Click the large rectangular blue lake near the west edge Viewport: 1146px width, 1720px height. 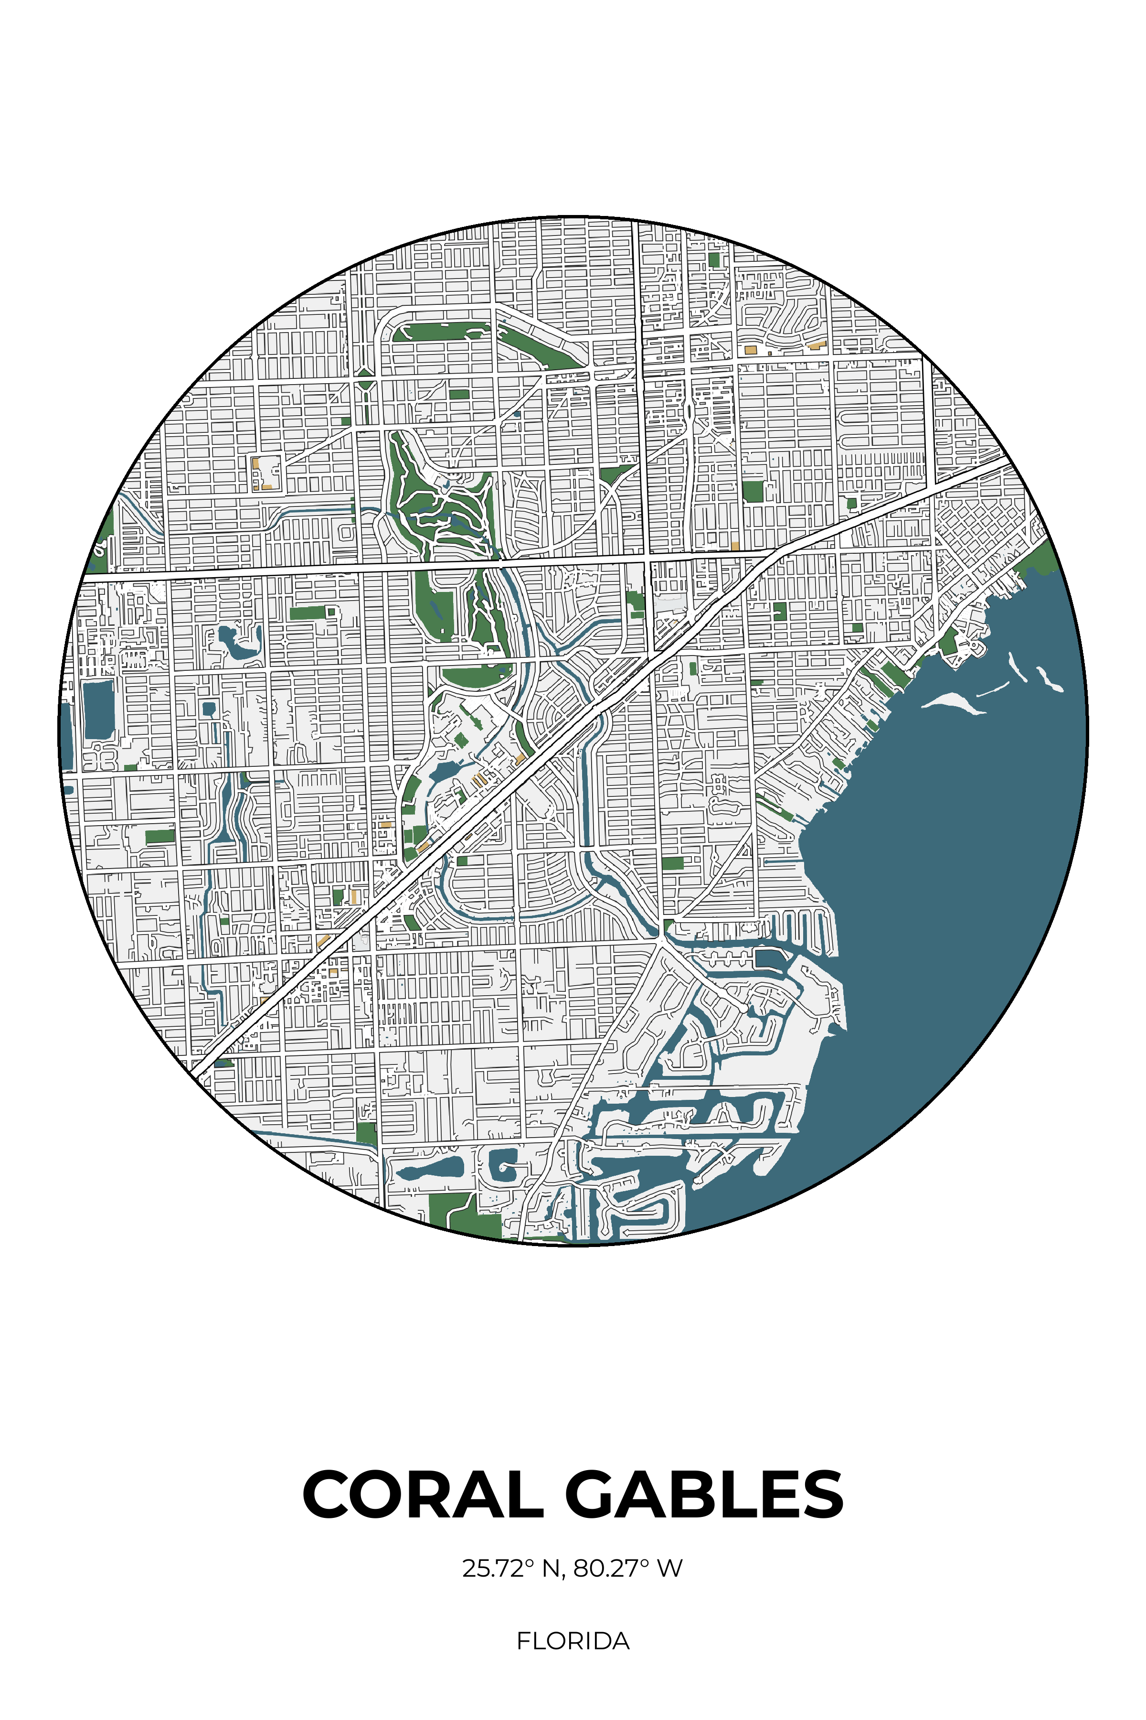[x=99, y=709]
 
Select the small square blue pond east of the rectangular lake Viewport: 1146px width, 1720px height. [x=209, y=709]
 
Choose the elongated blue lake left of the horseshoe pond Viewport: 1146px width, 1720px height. [x=431, y=1168]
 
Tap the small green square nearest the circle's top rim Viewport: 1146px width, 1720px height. [x=714, y=259]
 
